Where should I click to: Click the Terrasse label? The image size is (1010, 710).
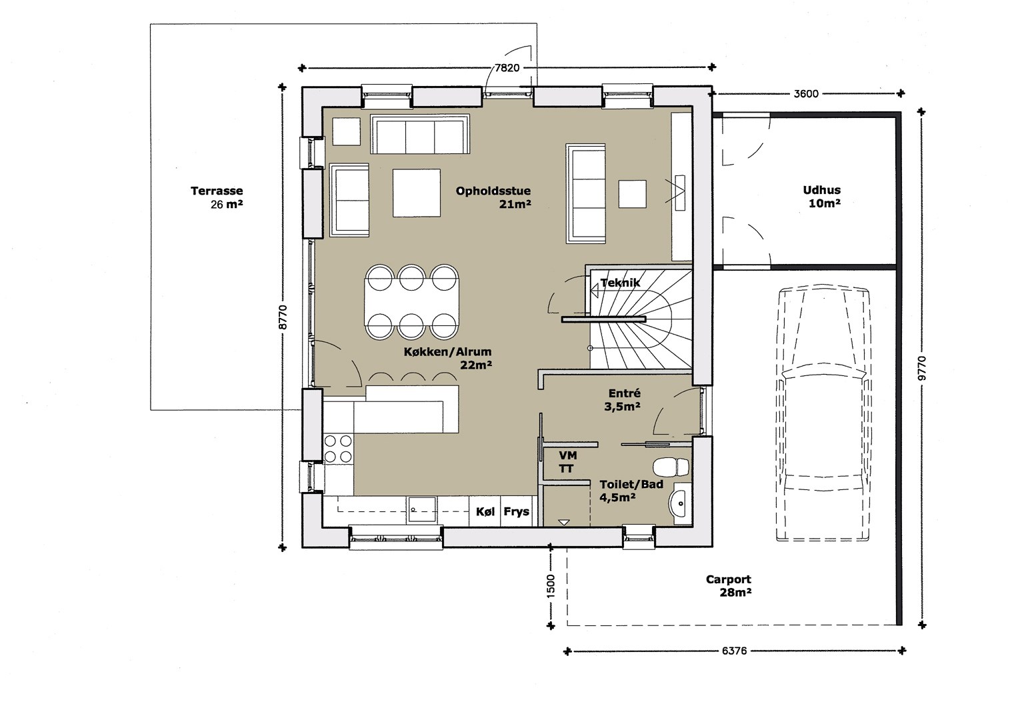pos(217,191)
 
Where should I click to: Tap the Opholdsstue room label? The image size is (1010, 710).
pos(493,191)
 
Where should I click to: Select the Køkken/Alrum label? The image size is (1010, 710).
pos(447,351)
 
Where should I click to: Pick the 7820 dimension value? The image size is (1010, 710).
pos(507,68)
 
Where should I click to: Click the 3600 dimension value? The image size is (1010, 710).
pos(806,94)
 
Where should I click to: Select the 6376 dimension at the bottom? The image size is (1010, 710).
pos(735,651)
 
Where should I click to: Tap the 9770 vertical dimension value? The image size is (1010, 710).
pos(921,368)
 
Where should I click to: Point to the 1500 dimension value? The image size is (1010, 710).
pos(551,587)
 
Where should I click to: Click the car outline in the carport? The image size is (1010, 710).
pos(823,413)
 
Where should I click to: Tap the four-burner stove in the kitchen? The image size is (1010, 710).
pos(338,449)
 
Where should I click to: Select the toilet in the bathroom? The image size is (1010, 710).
pos(671,467)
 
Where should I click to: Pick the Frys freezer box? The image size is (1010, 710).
pos(516,511)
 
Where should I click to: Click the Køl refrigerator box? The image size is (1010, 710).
pos(485,511)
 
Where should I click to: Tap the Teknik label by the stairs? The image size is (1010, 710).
pos(620,283)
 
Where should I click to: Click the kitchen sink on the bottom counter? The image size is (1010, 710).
pos(422,510)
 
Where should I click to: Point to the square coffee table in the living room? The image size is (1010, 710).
pos(416,193)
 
